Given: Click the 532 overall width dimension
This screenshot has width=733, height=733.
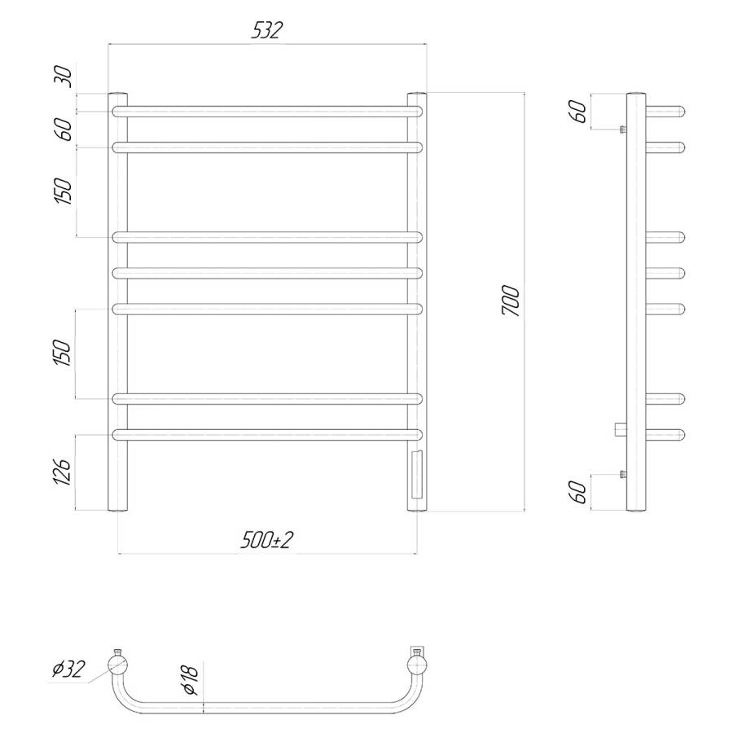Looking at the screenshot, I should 268,31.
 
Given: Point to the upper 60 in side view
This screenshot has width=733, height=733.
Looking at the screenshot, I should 579,111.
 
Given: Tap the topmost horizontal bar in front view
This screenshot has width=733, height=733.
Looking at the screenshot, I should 267,111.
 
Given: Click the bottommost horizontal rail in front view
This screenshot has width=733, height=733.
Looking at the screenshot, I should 267,434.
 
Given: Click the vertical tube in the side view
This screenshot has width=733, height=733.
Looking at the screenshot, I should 637,302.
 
